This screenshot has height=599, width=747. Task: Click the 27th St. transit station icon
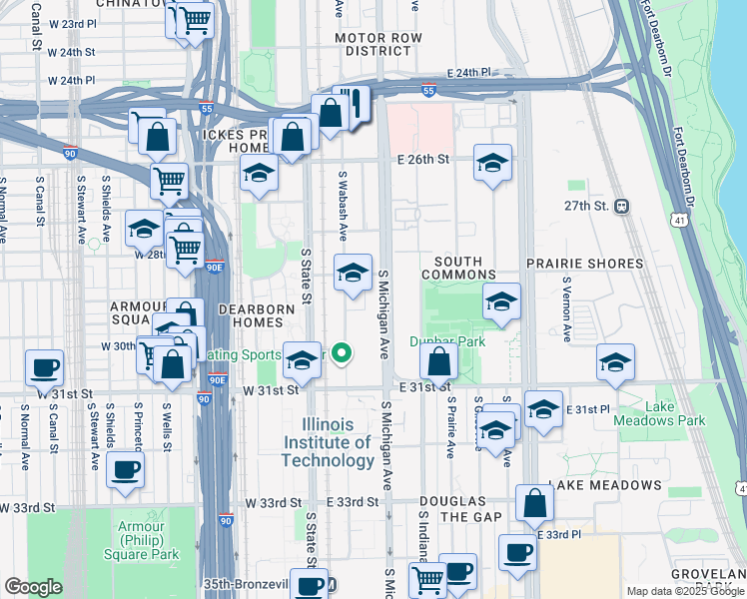(x=622, y=206)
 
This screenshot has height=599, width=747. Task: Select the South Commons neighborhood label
(x=458, y=268)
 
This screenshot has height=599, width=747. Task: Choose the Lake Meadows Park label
(x=674, y=413)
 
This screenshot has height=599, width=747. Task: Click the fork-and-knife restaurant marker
(x=351, y=105)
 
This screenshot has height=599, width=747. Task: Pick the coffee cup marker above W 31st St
(x=44, y=367)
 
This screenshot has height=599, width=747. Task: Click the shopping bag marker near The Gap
(x=535, y=504)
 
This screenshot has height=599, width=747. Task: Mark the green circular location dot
(x=342, y=352)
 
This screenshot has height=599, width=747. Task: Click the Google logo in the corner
(x=33, y=586)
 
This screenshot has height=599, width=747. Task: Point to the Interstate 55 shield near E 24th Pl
(x=428, y=91)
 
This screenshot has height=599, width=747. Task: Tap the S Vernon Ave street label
(x=565, y=304)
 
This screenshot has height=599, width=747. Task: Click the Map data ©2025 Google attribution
(x=684, y=591)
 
